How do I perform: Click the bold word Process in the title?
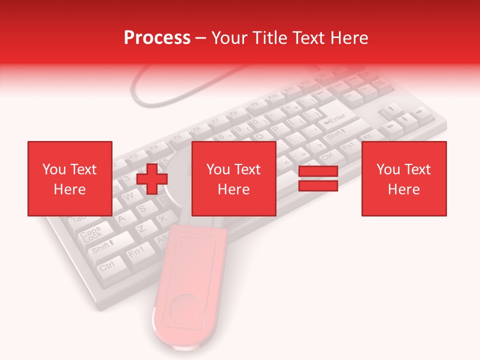(157, 38)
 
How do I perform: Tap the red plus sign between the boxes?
(152, 178)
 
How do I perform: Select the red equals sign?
(318, 178)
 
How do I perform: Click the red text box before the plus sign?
(69, 178)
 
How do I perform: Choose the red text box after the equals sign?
(403, 178)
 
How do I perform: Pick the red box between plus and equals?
(233, 178)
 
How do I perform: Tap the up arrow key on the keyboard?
(392, 108)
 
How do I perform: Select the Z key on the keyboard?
(141, 228)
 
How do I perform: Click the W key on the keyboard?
(129, 196)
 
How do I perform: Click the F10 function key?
(272, 96)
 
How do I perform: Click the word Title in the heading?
(270, 38)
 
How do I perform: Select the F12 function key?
(306, 83)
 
